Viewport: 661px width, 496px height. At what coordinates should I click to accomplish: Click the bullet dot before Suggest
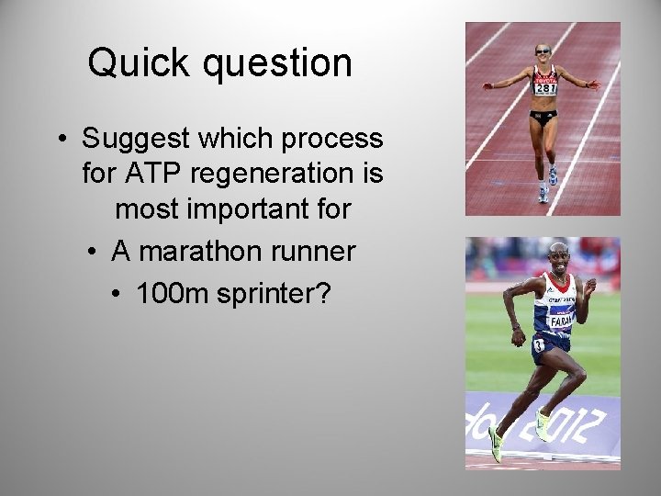pyautogui.click(x=61, y=140)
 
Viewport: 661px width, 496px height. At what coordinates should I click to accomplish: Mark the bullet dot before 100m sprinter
pyautogui.click(x=116, y=293)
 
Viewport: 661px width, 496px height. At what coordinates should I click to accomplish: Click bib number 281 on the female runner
pyautogui.click(x=544, y=88)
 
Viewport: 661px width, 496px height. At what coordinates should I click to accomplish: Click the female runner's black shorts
pyautogui.click(x=543, y=116)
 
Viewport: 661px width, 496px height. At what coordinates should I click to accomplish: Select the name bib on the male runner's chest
pyautogui.click(x=561, y=320)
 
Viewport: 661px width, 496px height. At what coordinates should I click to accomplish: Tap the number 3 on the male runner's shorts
pyautogui.click(x=539, y=344)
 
